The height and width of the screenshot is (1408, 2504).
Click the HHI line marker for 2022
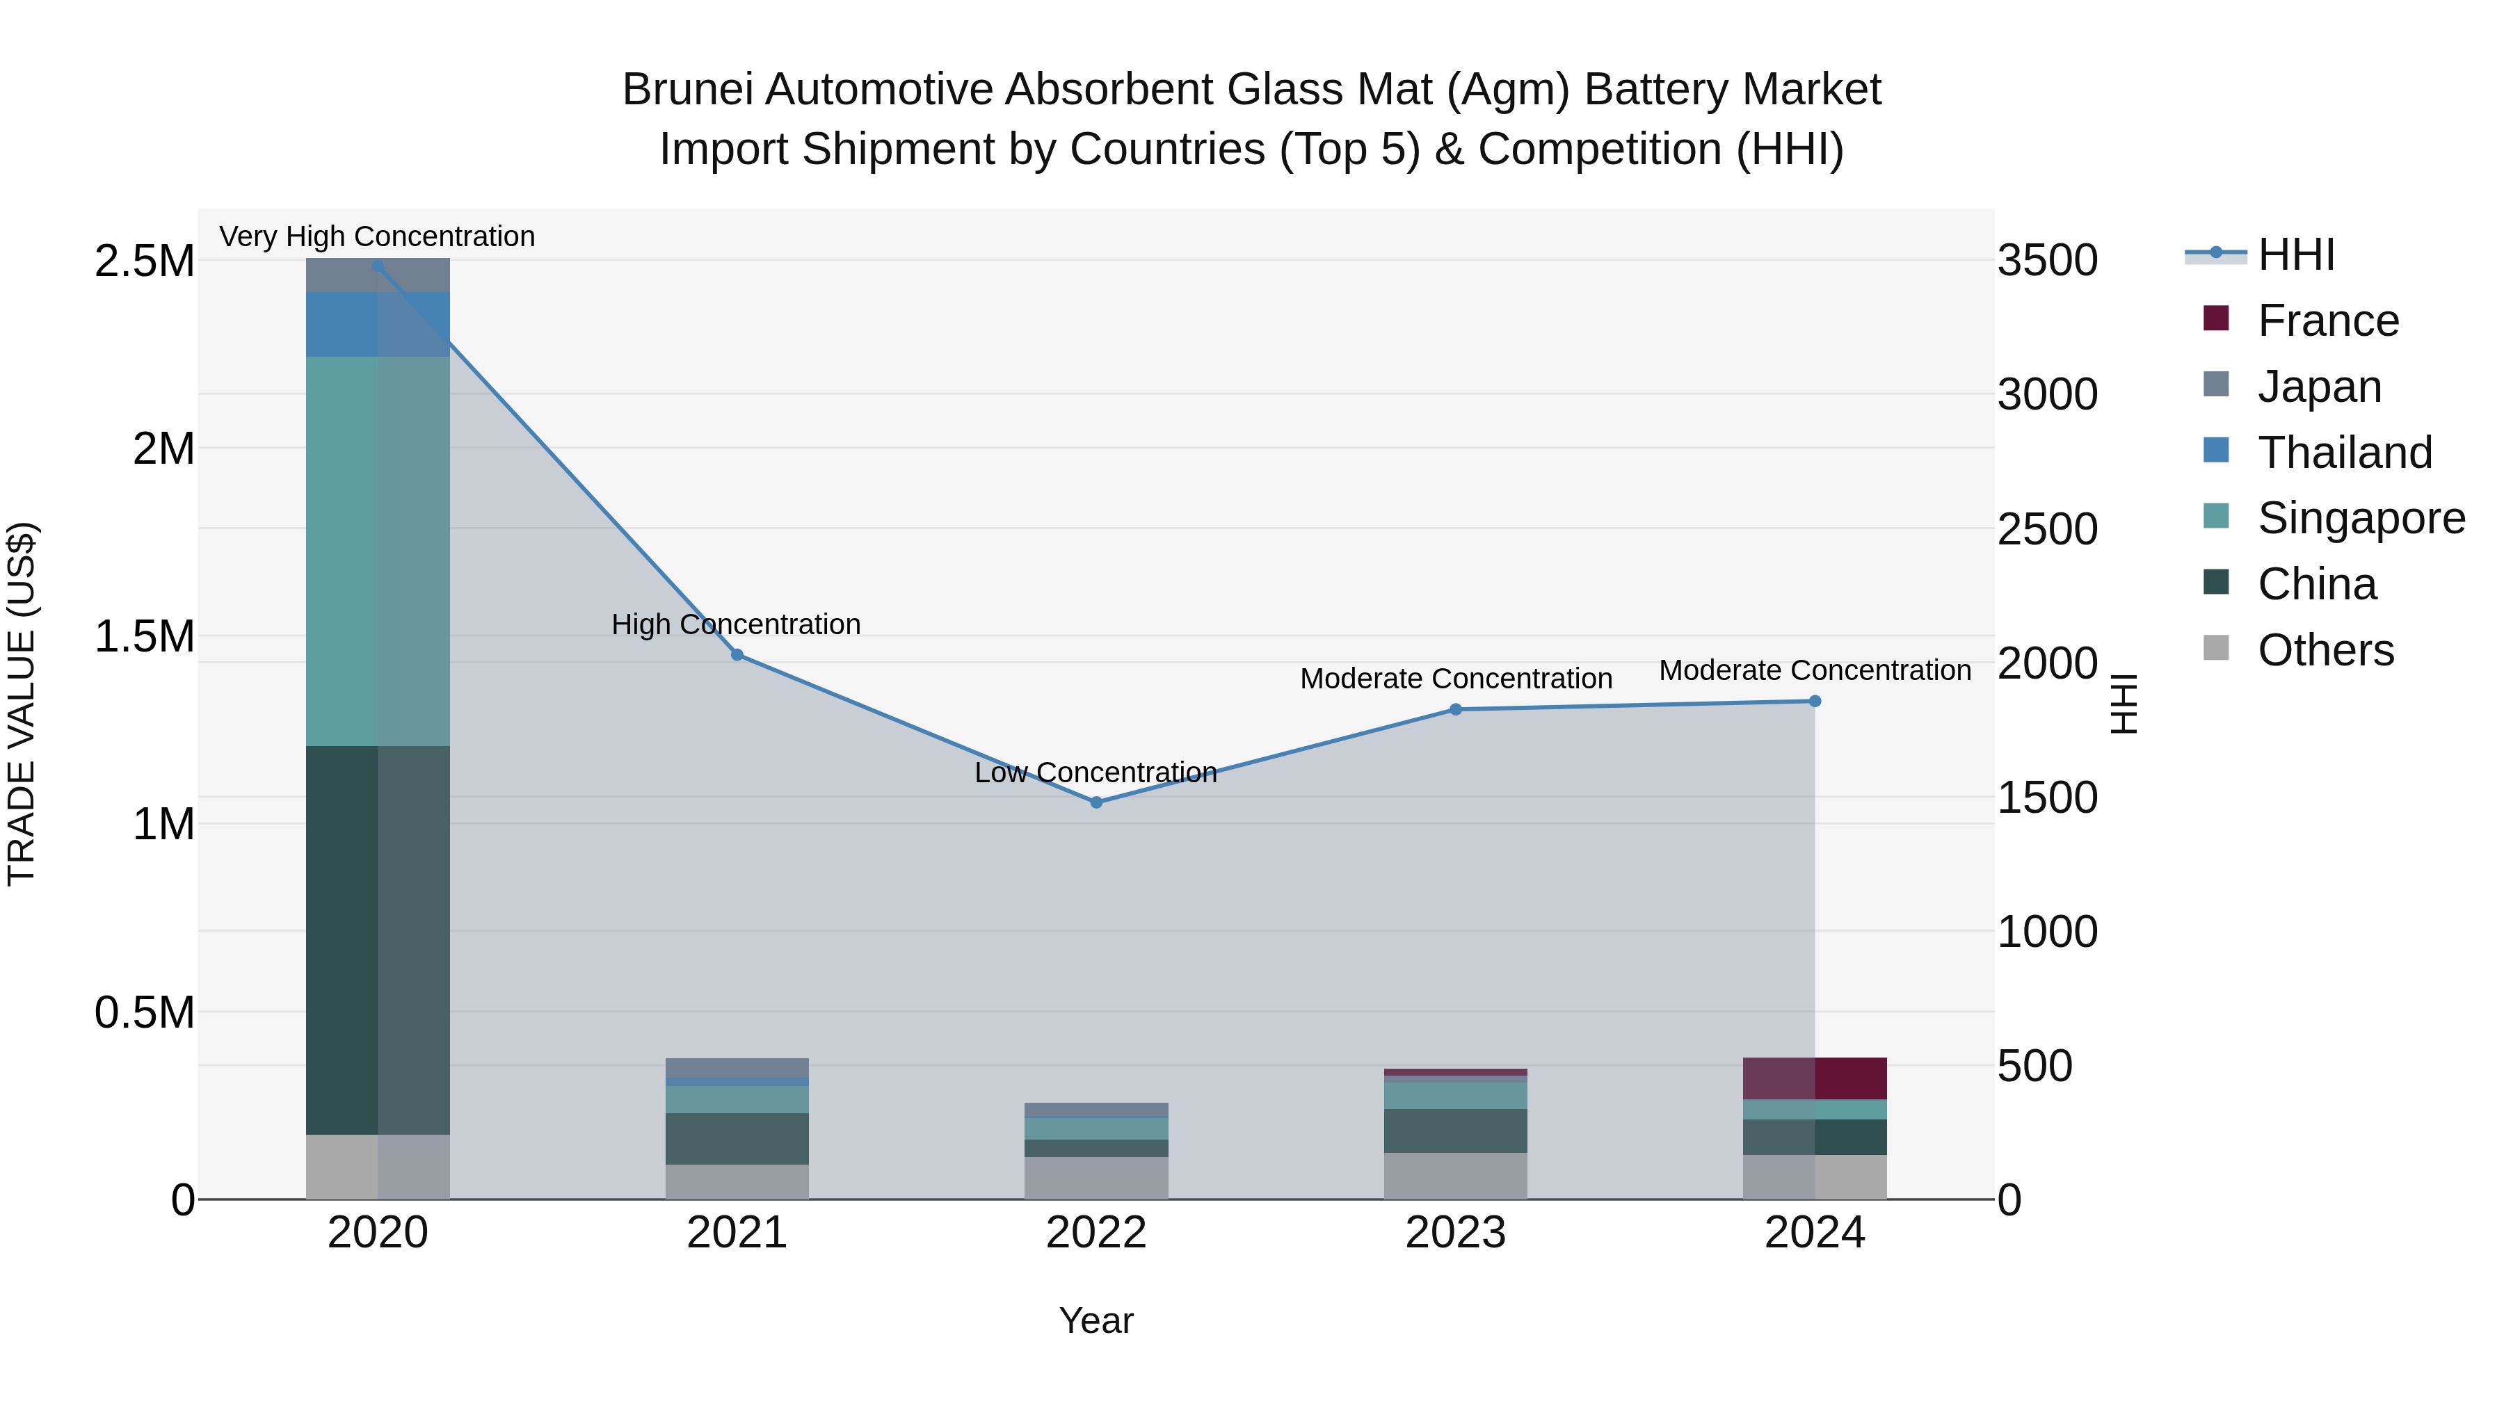pyautogui.click(x=1095, y=802)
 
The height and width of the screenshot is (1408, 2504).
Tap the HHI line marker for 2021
pyautogui.click(x=737, y=655)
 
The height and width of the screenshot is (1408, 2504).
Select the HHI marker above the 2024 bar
pyautogui.click(x=1814, y=701)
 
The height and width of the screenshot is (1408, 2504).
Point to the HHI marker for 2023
pyautogui.click(x=1455, y=709)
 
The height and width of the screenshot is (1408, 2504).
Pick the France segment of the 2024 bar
pyautogui.click(x=1814, y=1078)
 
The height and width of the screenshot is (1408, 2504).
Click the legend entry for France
pyautogui.click(x=2327, y=321)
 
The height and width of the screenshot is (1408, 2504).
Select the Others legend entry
pyautogui.click(x=2325, y=650)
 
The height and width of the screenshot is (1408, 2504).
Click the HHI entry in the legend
pyautogui.click(x=2295, y=254)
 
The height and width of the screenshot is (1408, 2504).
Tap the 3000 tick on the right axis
pyautogui.click(x=2047, y=394)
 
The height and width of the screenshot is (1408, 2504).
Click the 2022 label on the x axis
pyautogui.click(x=1095, y=1233)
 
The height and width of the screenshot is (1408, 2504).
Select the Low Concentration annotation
pyautogui.click(x=1095, y=772)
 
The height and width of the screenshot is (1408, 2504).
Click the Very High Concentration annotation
pyautogui.click(x=377, y=236)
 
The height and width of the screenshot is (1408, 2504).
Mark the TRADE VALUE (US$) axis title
pyautogui.click(x=22, y=704)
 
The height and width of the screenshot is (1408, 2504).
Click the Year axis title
pyautogui.click(x=1095, y=1320)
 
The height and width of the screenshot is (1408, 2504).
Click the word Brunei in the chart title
pyautogui.click(x=687, y=90)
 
